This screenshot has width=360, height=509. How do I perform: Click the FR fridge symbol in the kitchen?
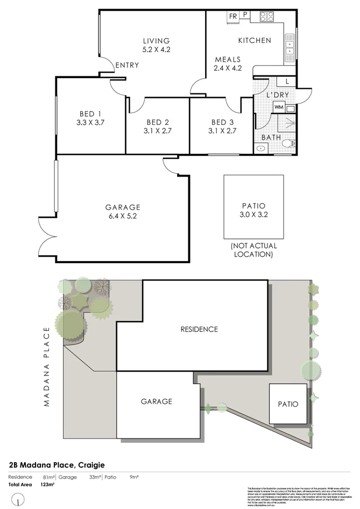232,16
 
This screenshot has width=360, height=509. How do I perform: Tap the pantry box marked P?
245,16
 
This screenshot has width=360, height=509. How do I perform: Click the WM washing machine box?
278,107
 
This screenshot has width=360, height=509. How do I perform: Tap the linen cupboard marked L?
287,82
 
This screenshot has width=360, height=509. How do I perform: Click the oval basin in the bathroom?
261,147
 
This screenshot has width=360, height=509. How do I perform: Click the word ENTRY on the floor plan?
127,65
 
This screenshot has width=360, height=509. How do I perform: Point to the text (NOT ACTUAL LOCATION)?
254,250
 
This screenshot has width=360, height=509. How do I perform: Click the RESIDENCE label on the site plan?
199,329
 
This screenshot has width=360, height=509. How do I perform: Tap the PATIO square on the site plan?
288,404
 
